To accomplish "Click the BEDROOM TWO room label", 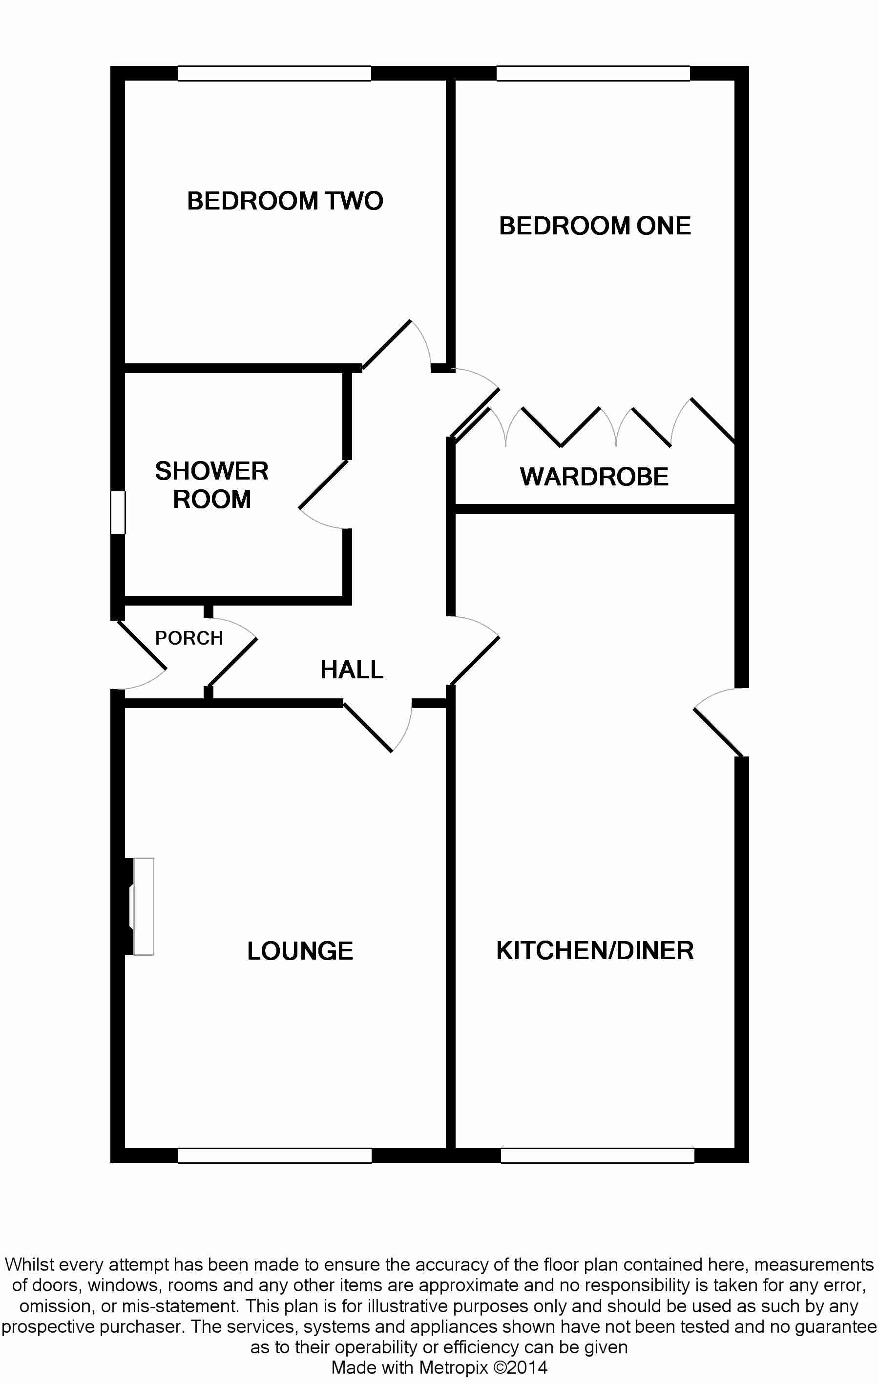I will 285,201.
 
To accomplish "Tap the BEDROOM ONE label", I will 594,226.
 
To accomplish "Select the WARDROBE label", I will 594,477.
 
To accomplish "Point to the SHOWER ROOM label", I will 212,485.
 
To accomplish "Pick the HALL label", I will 352,670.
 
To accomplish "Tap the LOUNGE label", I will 300,951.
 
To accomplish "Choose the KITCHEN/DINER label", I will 594,950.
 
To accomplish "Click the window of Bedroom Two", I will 274,74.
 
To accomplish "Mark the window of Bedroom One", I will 593,74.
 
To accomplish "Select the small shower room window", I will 118,512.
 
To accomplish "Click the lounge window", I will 275,1155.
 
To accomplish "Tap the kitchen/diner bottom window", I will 597,1155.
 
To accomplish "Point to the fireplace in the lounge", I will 143,906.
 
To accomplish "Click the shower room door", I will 323,485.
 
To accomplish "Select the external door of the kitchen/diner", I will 718,732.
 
